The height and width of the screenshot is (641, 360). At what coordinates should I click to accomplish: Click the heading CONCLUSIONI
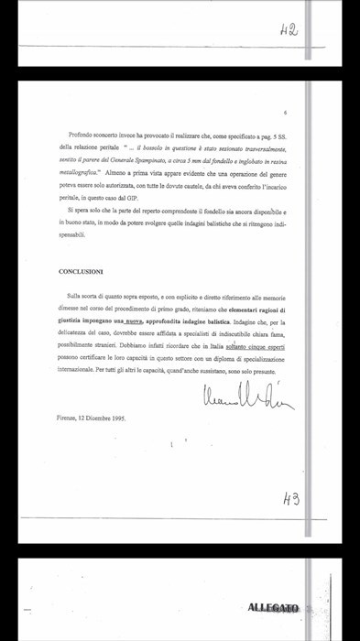(x=81, y=272)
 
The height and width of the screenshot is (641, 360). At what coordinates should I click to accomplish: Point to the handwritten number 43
(x=290, y=499)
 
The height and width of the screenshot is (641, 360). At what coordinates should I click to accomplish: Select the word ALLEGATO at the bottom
(x=273, y=608)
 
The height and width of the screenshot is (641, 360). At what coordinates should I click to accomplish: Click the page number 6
(x=287, y=113)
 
